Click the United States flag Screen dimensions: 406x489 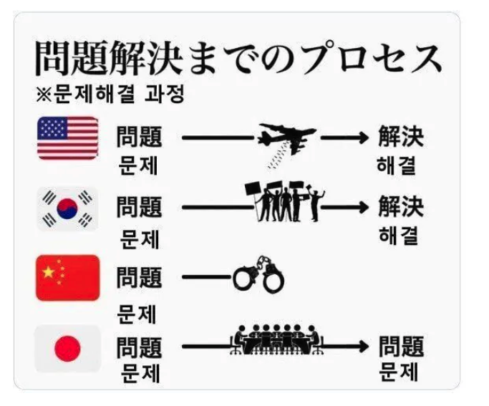pyautogui.click(x=68, y=137)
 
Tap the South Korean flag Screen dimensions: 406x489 pyautogui.click(x=68, y=208)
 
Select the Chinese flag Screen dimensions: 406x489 pyautogui.click(x=68, y=278)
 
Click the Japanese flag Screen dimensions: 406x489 pyautogui.click(x=68, y=349)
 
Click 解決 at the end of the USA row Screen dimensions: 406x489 pyautogui.click(x=401, y=137)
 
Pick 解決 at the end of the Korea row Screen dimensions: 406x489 pyautogui.click(x=401, y=208)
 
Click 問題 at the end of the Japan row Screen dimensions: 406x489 pyautogui.click(x=401, y=348)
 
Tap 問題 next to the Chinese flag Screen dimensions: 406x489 pyautogui.click(x=139, y=278)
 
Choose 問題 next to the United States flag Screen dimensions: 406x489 pyautogui.click(x=139, y=137)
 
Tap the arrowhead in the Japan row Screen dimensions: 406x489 pyautogui.click(x=363, y=349)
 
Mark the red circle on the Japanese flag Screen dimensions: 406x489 pyautogui.click(x=68, y=349)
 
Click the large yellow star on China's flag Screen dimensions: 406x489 pyautogui.click(x=48, y=272)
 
